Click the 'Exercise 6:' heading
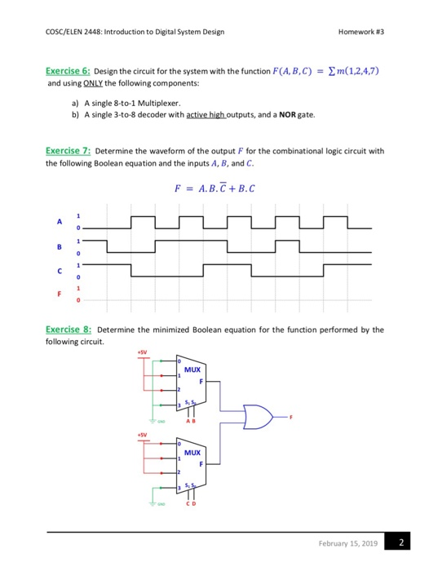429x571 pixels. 69,72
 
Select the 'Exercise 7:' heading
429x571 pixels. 69,152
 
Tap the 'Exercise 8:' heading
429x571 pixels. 69,330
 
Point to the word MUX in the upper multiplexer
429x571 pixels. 192,368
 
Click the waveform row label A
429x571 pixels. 58,223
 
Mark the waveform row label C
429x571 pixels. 58,272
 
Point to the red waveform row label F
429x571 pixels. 58,295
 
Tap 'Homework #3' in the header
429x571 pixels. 361,33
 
